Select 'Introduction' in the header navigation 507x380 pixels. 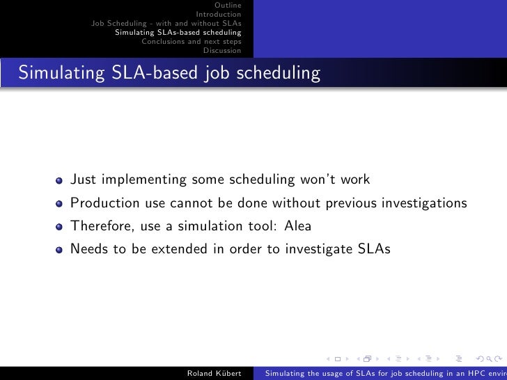coord(219,14)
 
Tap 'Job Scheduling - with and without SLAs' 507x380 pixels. coord(166,23)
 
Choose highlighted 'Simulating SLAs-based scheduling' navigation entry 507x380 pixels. coord(178,32)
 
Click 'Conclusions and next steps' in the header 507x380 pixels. coord(192,41)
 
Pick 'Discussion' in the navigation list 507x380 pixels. coord(222,50)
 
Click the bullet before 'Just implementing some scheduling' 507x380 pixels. coord(60,181)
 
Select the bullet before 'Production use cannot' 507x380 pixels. coord(60,204)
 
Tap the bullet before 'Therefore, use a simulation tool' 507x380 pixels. coord(60,227)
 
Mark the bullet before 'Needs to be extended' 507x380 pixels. coord(60,250)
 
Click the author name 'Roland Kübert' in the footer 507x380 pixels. coord(214,373)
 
